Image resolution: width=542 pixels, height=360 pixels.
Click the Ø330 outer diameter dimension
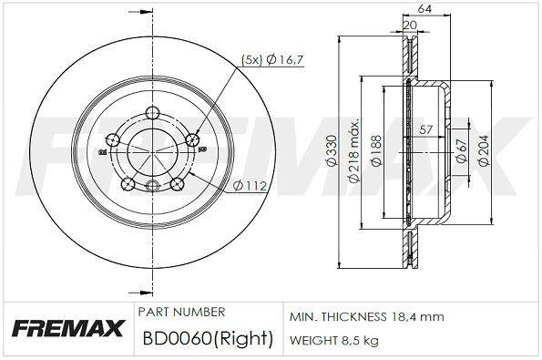[332, 150]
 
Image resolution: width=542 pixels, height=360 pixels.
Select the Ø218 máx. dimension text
[355, 150]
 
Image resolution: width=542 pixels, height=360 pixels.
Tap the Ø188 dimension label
[376, 150]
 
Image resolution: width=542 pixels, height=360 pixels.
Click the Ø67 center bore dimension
[462, 150]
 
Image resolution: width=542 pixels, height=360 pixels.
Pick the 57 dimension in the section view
[426, 129]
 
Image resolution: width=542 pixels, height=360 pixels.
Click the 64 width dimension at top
[424, 9]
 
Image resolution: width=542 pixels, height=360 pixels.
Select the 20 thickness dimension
[410, 25]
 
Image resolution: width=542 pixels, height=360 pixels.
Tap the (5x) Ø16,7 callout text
[272, 60]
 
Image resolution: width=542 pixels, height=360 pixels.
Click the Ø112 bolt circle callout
[250, 186]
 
